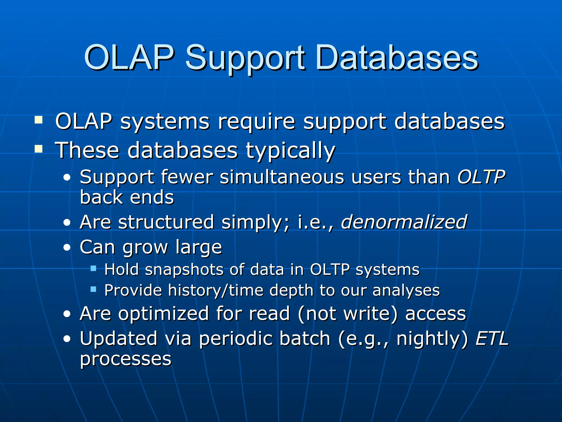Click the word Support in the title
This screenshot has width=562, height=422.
245,58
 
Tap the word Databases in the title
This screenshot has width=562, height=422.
397,58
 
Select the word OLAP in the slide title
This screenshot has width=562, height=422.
129,58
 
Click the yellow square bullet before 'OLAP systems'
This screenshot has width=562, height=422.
39,120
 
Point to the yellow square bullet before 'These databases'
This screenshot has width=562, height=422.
39,149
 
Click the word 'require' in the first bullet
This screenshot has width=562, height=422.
256,121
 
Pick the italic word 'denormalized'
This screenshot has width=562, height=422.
404,222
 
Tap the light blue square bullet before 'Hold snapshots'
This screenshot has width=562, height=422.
93,268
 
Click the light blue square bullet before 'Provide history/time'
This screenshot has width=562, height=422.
93,289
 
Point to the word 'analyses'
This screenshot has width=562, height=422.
406,290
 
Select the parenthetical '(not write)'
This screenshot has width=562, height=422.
347,314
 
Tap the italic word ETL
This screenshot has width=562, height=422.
492,338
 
